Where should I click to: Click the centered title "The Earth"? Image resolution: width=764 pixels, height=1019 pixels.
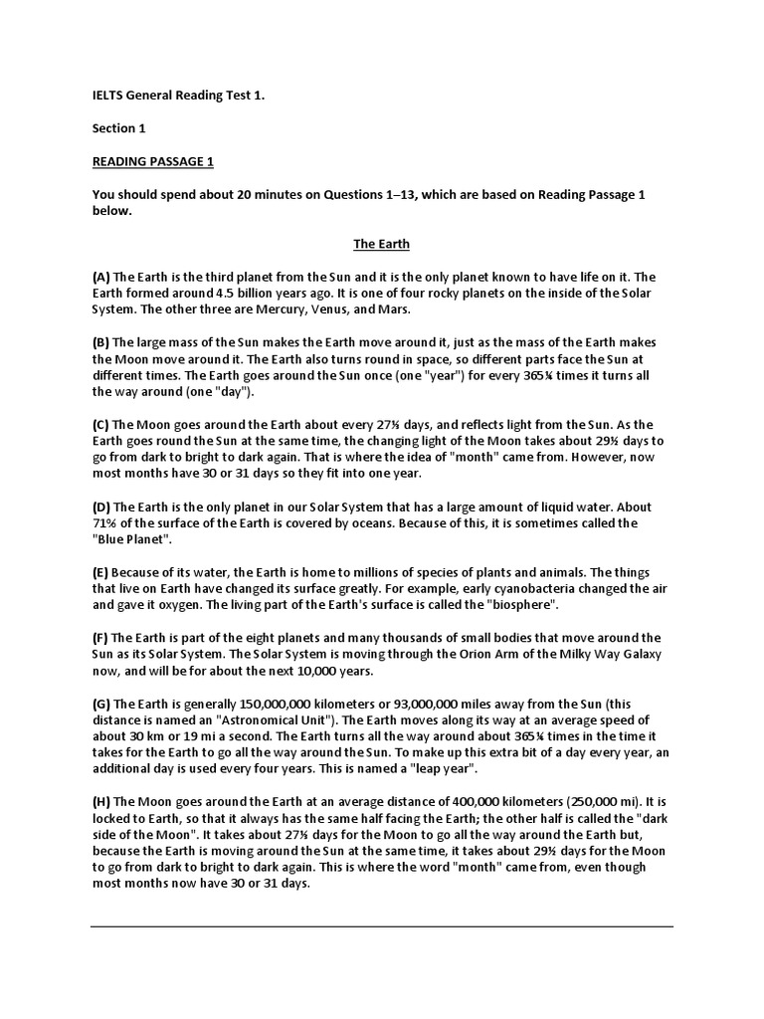click(x=382, y=244)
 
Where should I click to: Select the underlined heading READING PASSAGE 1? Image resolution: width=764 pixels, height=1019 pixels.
click(x=152, y=161)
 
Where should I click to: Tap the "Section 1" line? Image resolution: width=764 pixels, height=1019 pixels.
click(x=119, y=128)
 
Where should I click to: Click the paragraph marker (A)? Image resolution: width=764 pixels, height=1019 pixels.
click(x=101, y=276)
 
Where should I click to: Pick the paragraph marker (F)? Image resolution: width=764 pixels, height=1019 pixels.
click(x=100, y=637)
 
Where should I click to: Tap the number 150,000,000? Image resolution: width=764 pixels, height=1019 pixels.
click(x=265, y=703)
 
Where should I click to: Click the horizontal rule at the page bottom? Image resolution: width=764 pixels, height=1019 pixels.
click(x=382, y=926)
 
